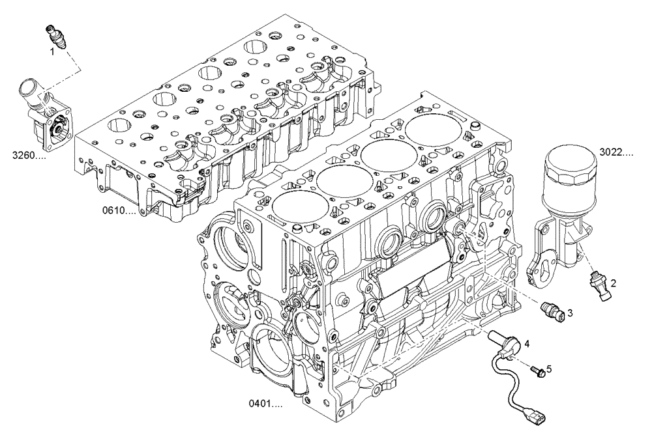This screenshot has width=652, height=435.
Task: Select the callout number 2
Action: click(614, 283)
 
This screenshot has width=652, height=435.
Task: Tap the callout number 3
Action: click(569, 313)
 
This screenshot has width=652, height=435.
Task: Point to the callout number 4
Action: click(526, 343)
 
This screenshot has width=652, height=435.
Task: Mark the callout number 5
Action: click(548, 369)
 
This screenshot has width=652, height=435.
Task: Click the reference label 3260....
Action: click(29, 155)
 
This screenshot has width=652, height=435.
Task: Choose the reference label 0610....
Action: click(119, 211)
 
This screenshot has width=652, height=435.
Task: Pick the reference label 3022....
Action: click(616, 153)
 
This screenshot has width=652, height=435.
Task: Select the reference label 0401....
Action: click(265, 404)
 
